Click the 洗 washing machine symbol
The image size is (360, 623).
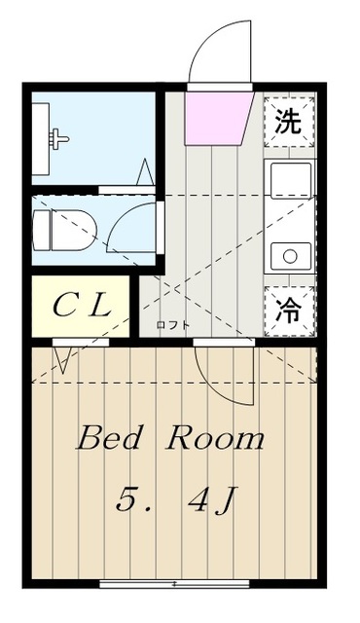tap(289, 123)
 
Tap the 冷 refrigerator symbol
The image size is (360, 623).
tap(289, 310)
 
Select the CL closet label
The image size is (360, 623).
tap(82, 306)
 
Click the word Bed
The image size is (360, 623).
tap(109, 438)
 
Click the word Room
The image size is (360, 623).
tap(215, 438)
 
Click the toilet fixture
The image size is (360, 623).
tap(58, 228)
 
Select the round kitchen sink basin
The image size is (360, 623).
tap(289, 256)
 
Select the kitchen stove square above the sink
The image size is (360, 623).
tap(289, 182)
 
